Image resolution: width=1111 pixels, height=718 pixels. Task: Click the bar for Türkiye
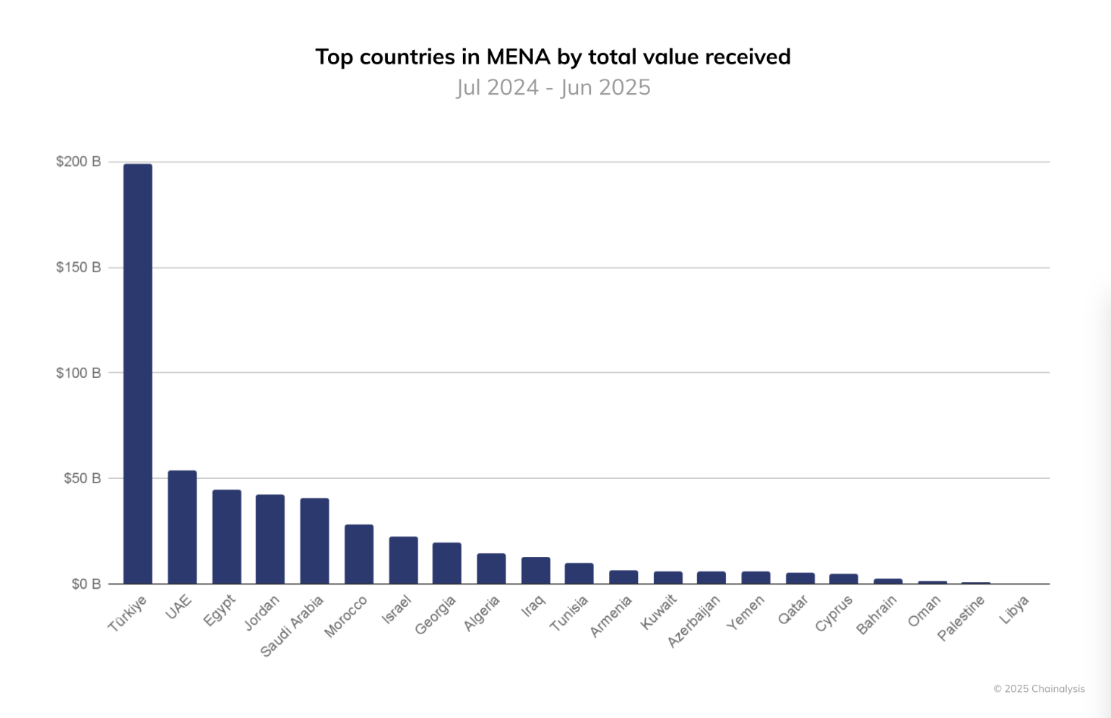pos(138,373)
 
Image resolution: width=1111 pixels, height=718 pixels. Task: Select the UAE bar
pos(182,527)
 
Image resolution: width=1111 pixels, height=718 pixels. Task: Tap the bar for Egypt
pos(227,537)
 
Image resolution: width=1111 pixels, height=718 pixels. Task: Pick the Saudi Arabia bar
pos(315,541)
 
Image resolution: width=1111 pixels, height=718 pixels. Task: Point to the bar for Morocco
pos(359,554)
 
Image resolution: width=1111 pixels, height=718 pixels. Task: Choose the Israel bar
pos(403,560)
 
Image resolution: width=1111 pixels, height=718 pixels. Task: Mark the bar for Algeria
pos(491,568)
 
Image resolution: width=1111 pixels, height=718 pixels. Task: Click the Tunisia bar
pos(579,574)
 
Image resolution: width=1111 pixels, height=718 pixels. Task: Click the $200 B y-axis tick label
pos(78,162)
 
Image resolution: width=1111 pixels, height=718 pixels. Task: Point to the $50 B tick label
pos(82,478)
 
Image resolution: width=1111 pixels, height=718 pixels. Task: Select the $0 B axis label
pos(85,584)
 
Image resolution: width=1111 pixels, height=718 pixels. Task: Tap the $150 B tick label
pos(78,267)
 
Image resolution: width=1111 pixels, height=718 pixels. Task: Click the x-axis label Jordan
pos(261,613)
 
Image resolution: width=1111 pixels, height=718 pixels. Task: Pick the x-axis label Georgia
pos(436,615)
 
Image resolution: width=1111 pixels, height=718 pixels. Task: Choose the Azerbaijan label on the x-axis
pos(694,621)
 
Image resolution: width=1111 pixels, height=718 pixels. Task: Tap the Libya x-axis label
pos(1014,610)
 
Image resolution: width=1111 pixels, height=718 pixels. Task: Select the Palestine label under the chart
pos(961,618)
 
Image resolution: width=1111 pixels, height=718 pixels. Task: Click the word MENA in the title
pos(518,56)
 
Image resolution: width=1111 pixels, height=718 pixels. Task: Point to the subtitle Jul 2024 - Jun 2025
pos(553,87)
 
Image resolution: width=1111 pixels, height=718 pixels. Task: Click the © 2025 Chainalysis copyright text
pos(1039,688)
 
